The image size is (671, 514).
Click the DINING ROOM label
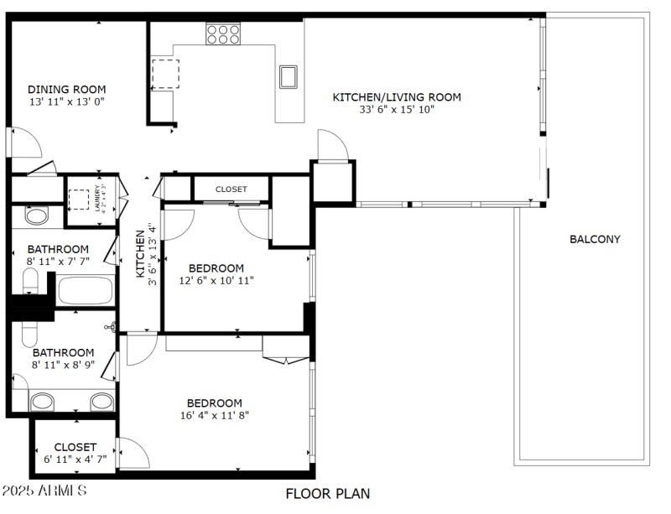tap(66, 90)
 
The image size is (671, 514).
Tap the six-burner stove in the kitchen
tap(223, 34)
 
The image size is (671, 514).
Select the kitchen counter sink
tap(289, 76)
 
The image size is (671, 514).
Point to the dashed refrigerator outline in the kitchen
tap(165, 74)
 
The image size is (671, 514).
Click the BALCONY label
tap(595, 239)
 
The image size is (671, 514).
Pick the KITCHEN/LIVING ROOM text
tap(397, 97)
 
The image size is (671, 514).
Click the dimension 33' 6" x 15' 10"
tap(397, 109)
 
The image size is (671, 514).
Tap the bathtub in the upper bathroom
tap(84, 292)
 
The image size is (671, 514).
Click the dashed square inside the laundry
tap(79, 199)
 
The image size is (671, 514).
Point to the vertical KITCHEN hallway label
tap(141, 255)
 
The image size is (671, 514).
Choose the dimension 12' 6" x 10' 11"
tap(216, 280)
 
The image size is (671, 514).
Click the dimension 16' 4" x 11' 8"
tap(215, 415)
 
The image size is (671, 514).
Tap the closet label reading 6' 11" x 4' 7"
tap(75, 459)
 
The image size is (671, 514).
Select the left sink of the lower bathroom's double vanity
tap(42, 401)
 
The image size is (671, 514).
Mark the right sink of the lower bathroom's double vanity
tap(101, 401)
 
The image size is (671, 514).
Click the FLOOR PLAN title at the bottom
tap(328, 494)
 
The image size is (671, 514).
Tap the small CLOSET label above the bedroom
tap(231, 190)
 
